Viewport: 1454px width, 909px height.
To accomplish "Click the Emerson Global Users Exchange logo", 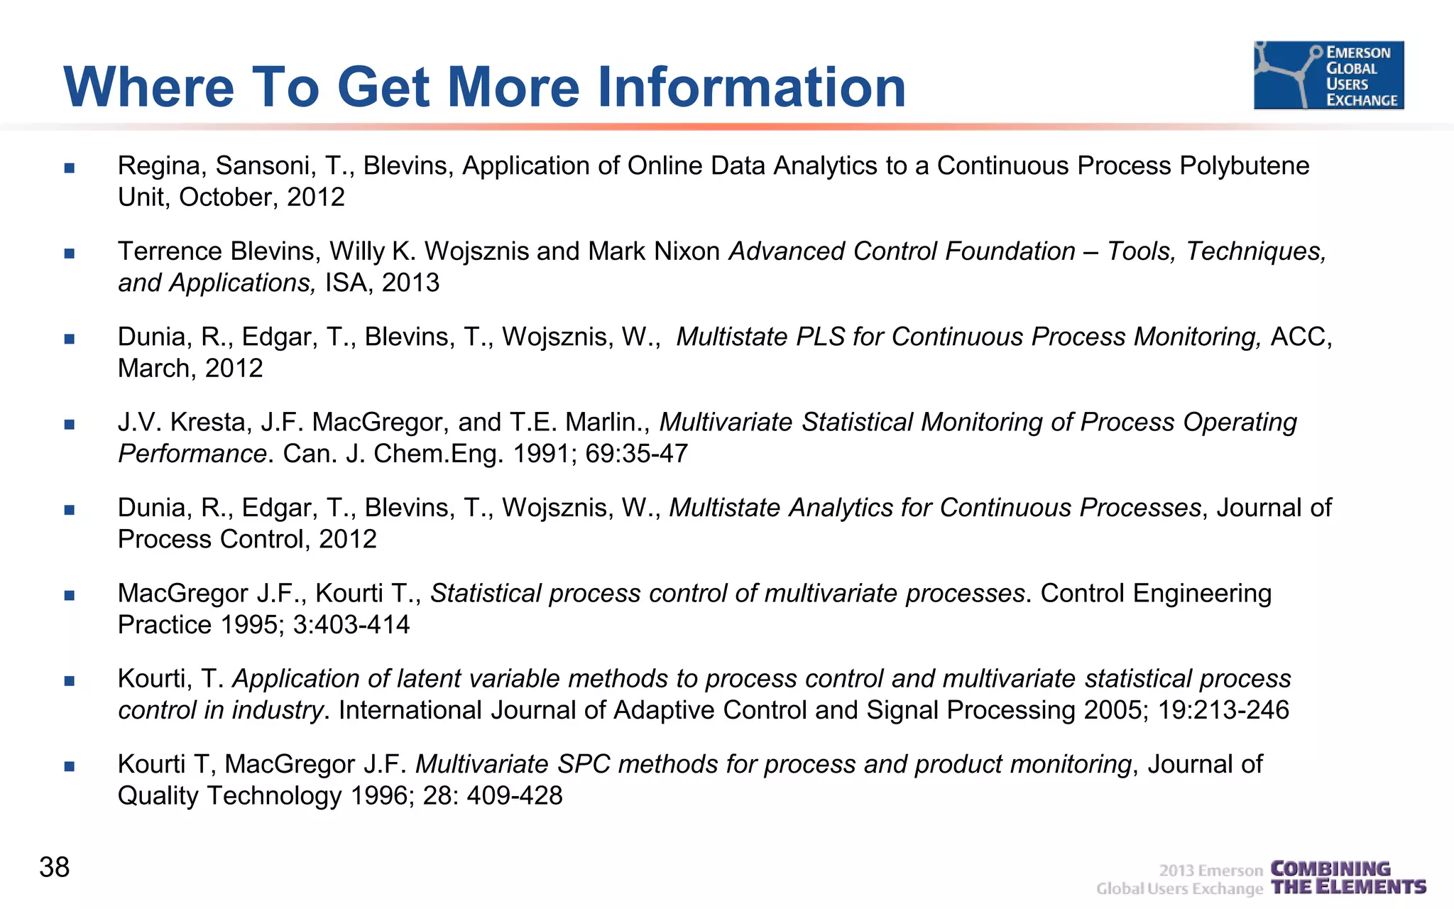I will click(x=1328, y=75).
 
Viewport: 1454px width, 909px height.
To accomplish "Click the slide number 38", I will click(x=55, y=867).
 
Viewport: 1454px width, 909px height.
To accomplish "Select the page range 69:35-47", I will click(x=636, y=454).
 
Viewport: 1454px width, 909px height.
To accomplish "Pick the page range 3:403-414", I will click(x=351, y=625).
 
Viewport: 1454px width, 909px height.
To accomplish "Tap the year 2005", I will click(x=1115, y=710).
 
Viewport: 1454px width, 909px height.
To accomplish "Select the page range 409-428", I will click(x=515, y=795).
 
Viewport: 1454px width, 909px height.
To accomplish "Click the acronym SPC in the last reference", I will click(x=584, y=764).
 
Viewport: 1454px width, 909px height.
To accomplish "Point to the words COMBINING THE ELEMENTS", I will click(x=1348, y=878).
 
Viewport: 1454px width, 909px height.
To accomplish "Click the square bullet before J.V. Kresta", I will click(x=69, y=425).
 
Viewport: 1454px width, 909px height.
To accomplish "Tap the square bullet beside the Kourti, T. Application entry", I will click(x=69, y=681).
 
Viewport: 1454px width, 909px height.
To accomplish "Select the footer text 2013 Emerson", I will click(x=1210, y=871).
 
